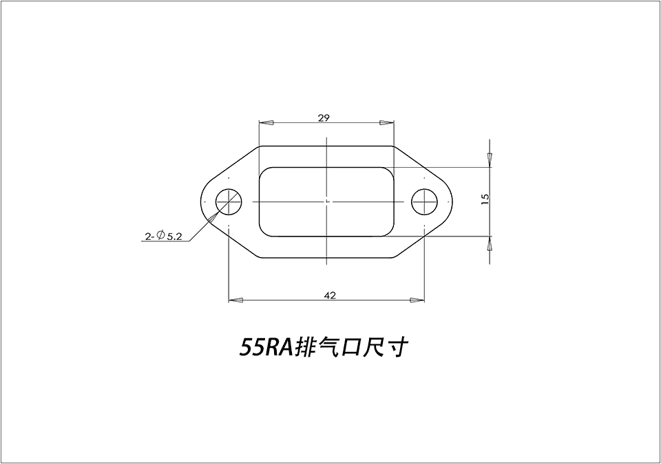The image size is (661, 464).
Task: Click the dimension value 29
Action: tap(324, 118)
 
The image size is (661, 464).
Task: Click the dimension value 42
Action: tap(329, 295)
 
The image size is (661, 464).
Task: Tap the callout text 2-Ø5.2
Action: tap(163, 236)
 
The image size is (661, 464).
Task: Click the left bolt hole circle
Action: tap(229, 201)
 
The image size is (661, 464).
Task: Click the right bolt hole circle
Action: tap(425, 201)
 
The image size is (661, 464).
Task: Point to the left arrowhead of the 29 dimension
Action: tap(266, 123)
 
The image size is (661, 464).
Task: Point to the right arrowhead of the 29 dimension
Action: tap(386, 123)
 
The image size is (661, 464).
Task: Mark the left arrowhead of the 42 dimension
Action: tap(235, 300)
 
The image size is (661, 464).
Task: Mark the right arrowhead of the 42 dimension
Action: tap(417, 300)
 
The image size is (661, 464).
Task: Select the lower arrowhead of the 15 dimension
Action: tap(490, 243)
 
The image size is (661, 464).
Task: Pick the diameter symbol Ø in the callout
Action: tap(160, 236)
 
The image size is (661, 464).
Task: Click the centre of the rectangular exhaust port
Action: tap(326, 201)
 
